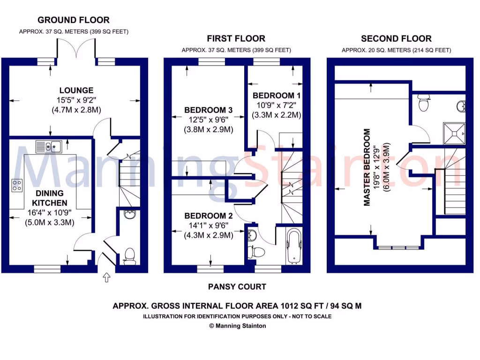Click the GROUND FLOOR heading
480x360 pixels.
point(74,20)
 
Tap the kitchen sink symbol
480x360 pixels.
point(49,146)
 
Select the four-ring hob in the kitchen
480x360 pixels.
point(17,186)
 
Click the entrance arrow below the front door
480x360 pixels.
point(106,277)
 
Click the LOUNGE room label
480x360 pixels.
point(76,90)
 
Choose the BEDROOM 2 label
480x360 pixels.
point(208,216)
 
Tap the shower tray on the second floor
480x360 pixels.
point(454,132)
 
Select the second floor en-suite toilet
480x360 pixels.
point(424,103)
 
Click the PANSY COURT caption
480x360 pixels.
point(237,286)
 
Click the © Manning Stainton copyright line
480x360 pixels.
point(237,326)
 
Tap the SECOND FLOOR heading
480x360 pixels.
point(396,39)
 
